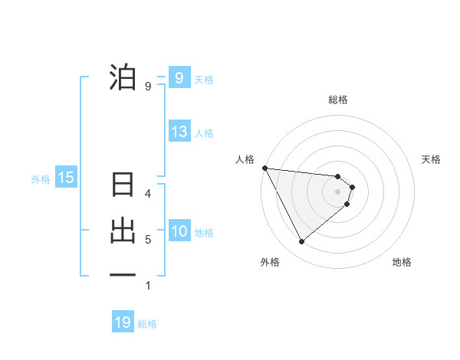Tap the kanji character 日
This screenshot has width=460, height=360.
coord(123,185)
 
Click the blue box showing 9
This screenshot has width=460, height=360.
coord(179,77)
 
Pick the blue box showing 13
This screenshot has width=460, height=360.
coord(179,132)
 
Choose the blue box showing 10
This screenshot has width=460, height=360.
coord(179,231)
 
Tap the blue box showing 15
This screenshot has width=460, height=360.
coord(65,178)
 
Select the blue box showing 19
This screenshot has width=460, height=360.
coord(123,322)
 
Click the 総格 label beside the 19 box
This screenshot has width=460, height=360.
coord(147,324)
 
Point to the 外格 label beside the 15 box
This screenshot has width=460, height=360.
coord(41,179)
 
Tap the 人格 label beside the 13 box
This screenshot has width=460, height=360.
coord(204,133)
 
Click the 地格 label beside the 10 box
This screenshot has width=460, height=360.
coord(204,233)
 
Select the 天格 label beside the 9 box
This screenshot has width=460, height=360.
coord(204,79)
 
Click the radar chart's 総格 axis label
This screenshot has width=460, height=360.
coord(338,100)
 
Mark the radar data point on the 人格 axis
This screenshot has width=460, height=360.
coord(264,168)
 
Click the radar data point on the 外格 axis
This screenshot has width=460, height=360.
coord(301,241)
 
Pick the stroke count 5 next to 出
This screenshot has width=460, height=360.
coord(148,240)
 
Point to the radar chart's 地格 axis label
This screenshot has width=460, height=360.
coord(402,262)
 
